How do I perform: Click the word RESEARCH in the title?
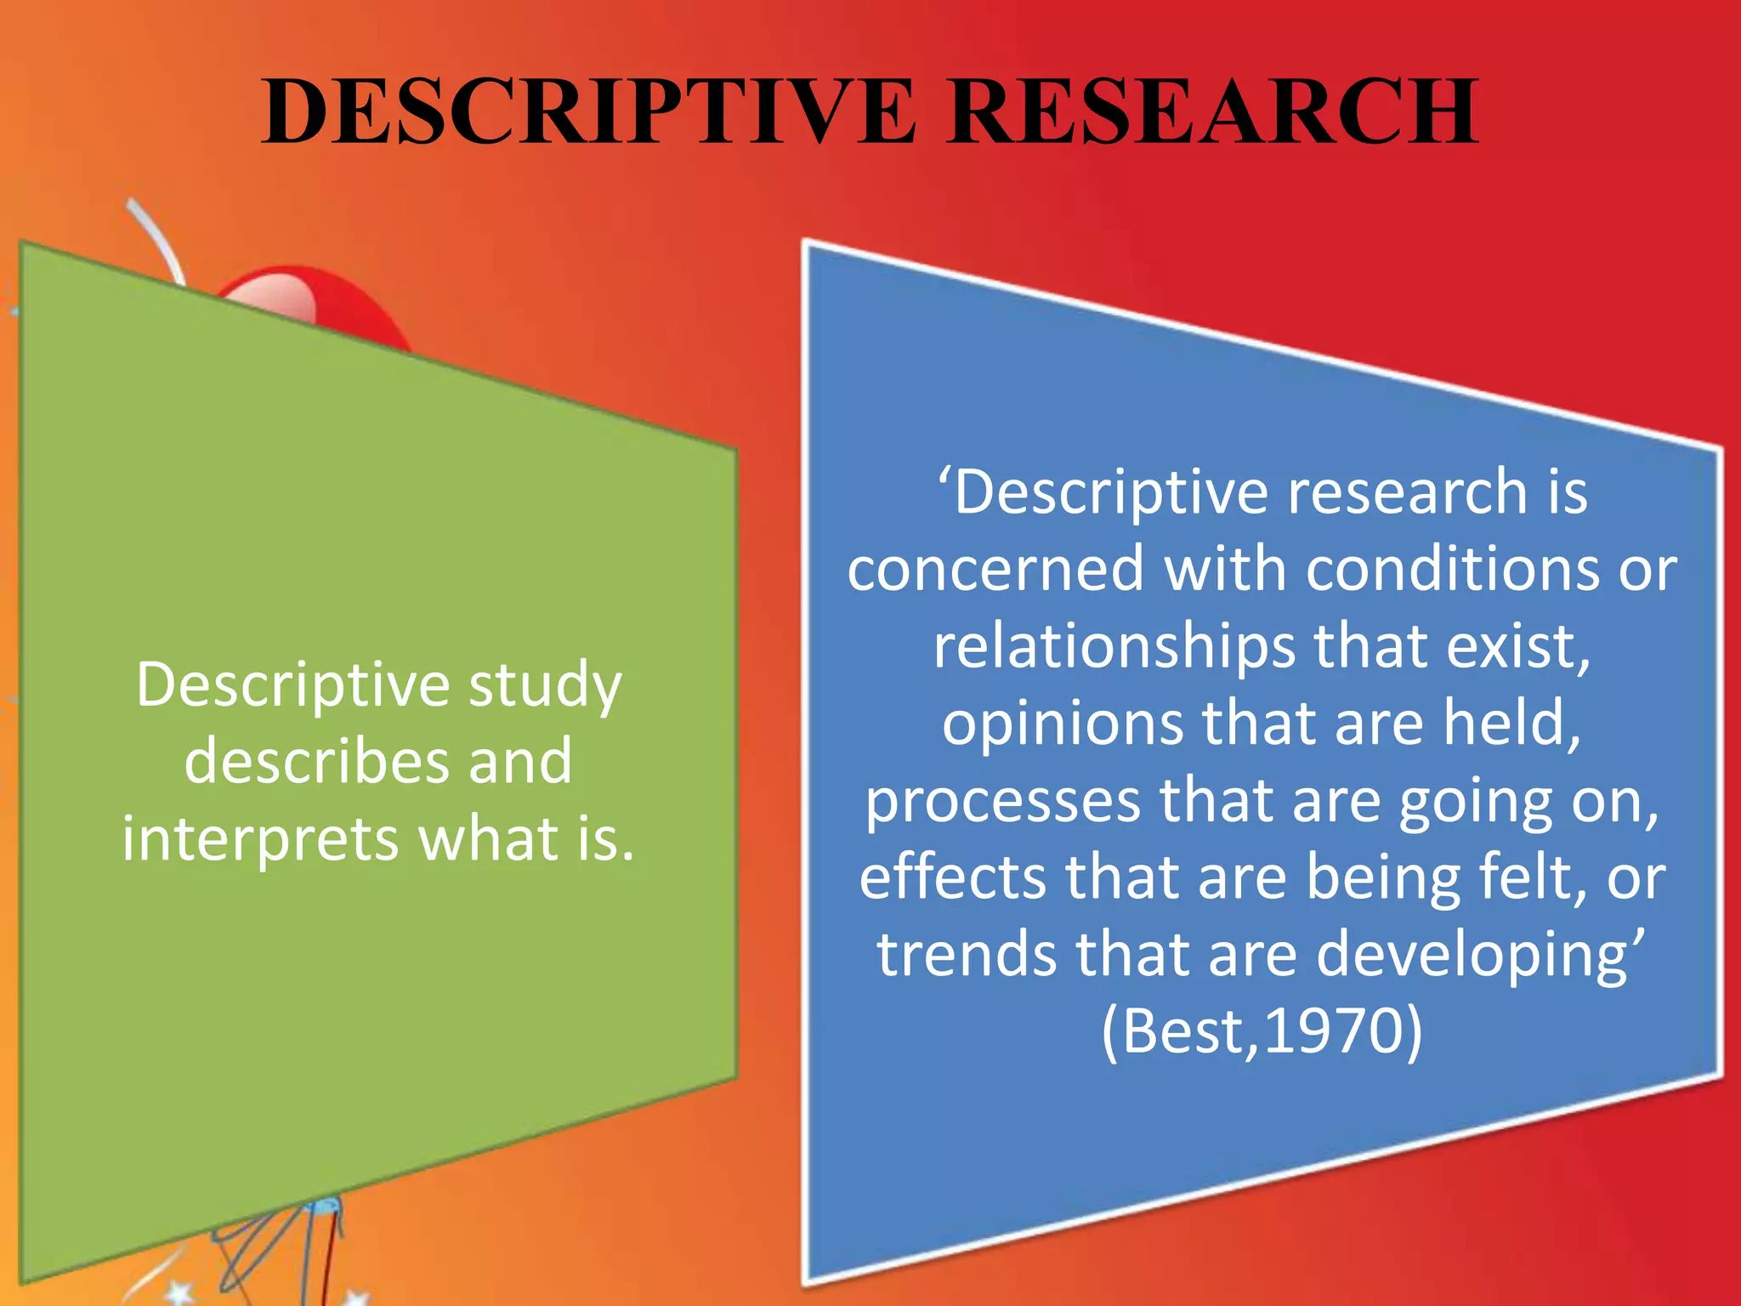click(1213, 111)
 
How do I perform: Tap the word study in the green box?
click(546, 685)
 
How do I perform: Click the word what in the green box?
click(490, 838)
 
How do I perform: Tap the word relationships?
click(1114, 646)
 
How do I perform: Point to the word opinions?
click(1063, 724)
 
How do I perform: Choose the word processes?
click(1003, 802)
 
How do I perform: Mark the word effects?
click(953, 877)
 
